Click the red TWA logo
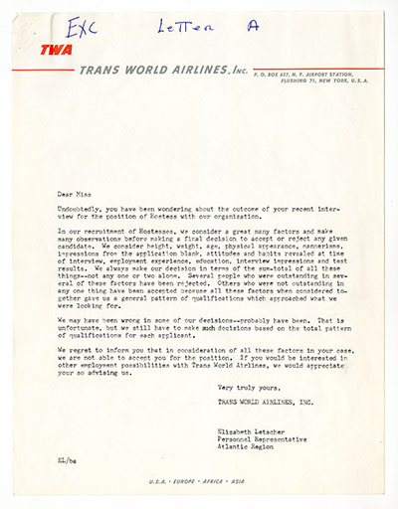coord(56,50)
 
